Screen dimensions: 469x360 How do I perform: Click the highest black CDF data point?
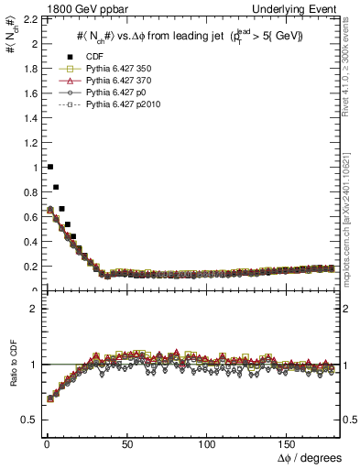coord(49,167)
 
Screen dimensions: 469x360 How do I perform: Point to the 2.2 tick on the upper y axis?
coord(30,19)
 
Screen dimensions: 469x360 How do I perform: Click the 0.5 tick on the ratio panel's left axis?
coord(30,420)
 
